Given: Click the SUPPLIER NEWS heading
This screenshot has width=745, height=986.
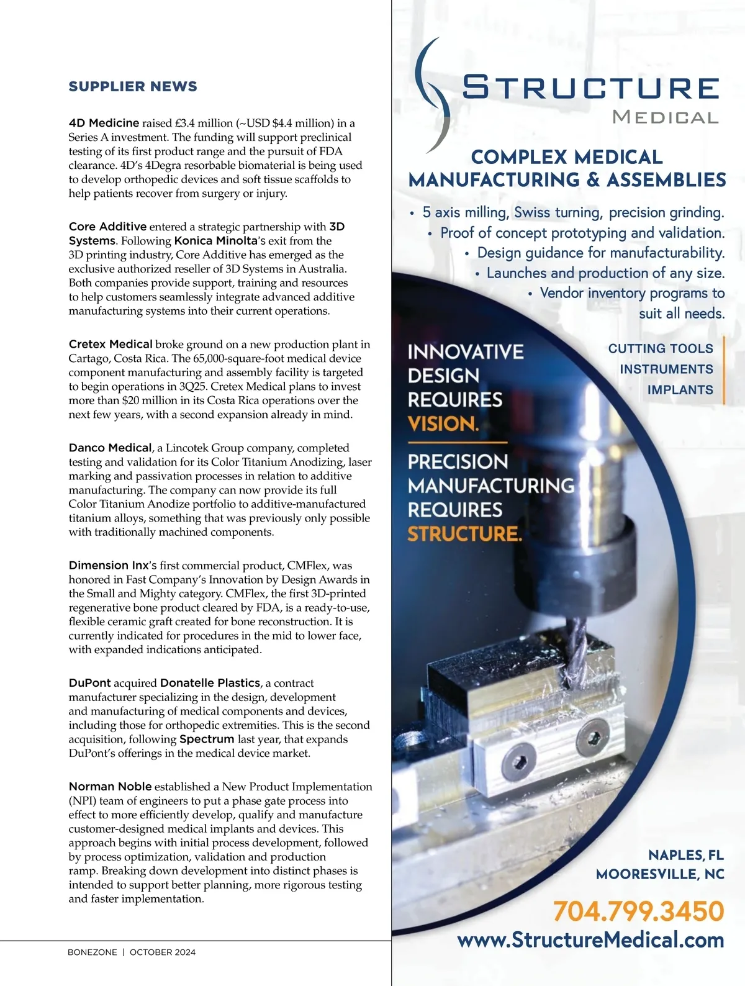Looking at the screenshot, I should tap(133, 86).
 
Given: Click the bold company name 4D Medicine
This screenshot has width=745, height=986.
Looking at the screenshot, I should tap(104, 123).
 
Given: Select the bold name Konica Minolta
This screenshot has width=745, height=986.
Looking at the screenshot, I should tap(215, 241).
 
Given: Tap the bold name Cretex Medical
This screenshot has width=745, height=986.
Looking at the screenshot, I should tap(111, 344).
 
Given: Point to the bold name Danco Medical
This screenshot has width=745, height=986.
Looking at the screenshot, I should tap(110, 448).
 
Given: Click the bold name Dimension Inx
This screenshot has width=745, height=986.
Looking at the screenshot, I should tap(108, 566).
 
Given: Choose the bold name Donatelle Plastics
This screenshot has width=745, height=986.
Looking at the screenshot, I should tap(210, 683).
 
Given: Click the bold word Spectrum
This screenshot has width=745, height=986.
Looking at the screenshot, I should tap(207, 739).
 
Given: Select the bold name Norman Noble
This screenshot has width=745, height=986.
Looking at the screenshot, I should tap(110, 787).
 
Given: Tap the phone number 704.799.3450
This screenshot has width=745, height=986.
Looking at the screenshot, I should tap(638, 911).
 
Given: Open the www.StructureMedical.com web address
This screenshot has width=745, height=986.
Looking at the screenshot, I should tap(590, 940).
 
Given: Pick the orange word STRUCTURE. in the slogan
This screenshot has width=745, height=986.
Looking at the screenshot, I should tap(464, 534).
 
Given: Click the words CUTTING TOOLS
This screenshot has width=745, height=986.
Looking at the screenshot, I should tap(661, 348).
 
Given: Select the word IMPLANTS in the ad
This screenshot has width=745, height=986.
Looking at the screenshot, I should tap(680, 390).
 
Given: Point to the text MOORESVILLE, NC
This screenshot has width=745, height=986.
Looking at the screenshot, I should tap(660, 874).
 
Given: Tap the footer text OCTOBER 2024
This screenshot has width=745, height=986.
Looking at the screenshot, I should tap(163, 952).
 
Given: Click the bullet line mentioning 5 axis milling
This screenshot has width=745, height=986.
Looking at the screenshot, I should tap(572, 212).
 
